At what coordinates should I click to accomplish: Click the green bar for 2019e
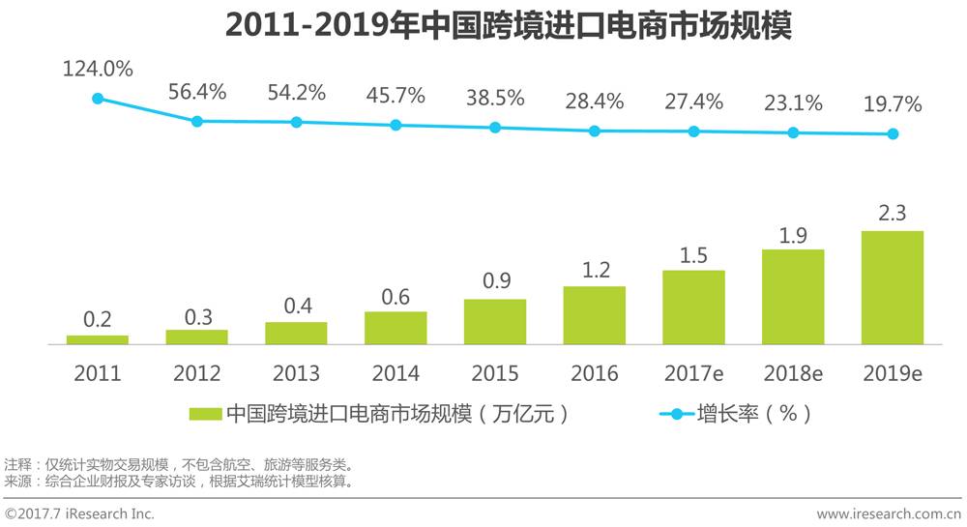click(892, 287)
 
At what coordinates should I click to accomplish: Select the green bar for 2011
click(98, 339)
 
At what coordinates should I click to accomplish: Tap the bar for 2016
click(594, 315)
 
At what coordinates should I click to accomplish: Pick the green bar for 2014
click(396, 328)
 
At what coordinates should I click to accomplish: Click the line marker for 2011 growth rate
click(98, 99)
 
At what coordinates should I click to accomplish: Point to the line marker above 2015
click(495, 128)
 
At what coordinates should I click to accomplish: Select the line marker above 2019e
click(893, 134)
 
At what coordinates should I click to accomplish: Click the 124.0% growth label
click(98, 70)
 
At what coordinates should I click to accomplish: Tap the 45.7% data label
click(396, 96)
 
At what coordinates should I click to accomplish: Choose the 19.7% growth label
click(893, 104)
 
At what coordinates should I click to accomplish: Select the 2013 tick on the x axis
click(296, 373)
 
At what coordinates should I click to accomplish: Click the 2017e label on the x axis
click(694, 373)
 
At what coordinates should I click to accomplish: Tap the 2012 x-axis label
click(196, 373)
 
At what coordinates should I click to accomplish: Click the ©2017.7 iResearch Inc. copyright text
click(79, 513)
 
